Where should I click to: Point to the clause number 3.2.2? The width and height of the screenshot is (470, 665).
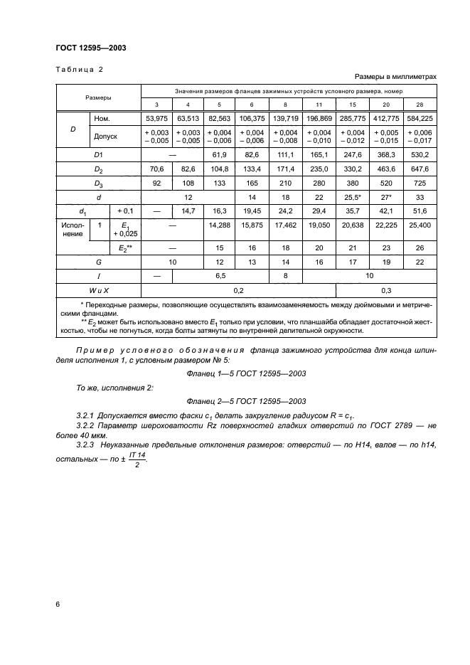pyautogui.click(x=85, y=425)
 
